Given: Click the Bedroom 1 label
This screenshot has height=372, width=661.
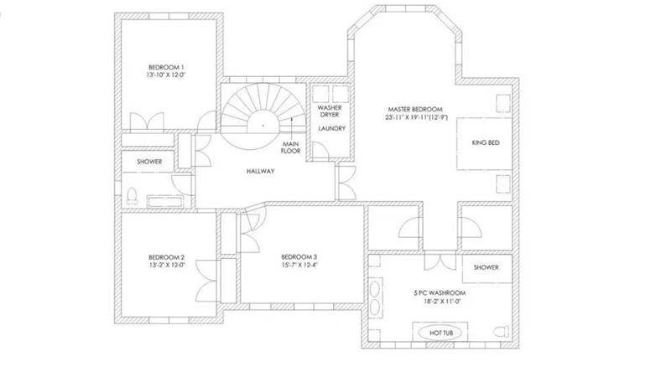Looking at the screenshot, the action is click(166, 67).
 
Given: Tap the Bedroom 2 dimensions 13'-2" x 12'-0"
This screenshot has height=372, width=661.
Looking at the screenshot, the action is click(167, 266).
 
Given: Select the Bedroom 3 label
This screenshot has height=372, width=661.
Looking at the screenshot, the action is click(299, 257).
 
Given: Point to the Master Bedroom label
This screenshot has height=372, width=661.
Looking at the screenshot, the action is click(415, 109).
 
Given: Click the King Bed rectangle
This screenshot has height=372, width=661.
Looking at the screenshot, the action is click(484, 143).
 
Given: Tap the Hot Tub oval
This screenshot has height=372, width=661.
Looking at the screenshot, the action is click(441, 333).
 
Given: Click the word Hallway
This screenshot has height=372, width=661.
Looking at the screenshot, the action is click(261, 171).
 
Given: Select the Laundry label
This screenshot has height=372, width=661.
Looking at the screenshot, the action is click(332, 128).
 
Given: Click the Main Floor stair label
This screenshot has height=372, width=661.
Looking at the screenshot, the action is click(291, 147).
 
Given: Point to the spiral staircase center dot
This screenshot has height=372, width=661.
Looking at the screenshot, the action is click(263, 126).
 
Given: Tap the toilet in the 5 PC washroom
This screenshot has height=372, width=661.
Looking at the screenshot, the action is click(502, 332).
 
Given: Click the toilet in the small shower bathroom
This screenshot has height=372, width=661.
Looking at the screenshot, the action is click(132, 196).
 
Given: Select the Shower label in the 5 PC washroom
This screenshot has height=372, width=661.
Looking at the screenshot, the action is click(486, 267).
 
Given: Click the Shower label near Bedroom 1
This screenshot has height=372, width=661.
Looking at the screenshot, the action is click(149, 162).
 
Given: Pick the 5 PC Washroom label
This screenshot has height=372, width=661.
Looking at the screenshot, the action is click(440, 292).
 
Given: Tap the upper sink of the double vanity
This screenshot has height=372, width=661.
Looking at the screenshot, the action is click(375, 288).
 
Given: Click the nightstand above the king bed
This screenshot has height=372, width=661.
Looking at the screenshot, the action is click(502, 104).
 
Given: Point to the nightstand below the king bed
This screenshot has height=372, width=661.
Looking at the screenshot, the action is click(502, 183).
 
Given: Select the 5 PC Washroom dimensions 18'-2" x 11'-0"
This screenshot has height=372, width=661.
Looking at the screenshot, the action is click(442, 302).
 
